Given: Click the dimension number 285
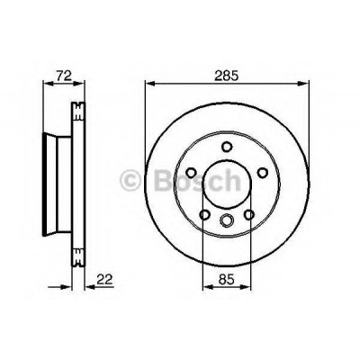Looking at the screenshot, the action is (x=226, y=76).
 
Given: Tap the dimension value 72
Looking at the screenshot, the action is (x=64, y=76).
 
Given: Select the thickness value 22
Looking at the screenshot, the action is (x=104, y=280).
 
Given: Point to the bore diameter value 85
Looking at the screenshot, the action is (x=226, y=280).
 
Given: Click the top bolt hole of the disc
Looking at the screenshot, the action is (x=227, y=147).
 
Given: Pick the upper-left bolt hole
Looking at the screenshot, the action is (x=191, y=173).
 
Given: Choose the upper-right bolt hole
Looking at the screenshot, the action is (x=263, y=173).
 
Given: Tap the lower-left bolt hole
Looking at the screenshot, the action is (x=205, y=214).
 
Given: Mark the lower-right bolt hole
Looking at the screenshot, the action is (x=249, y=214).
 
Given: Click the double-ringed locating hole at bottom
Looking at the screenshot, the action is (x=227, y=220).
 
